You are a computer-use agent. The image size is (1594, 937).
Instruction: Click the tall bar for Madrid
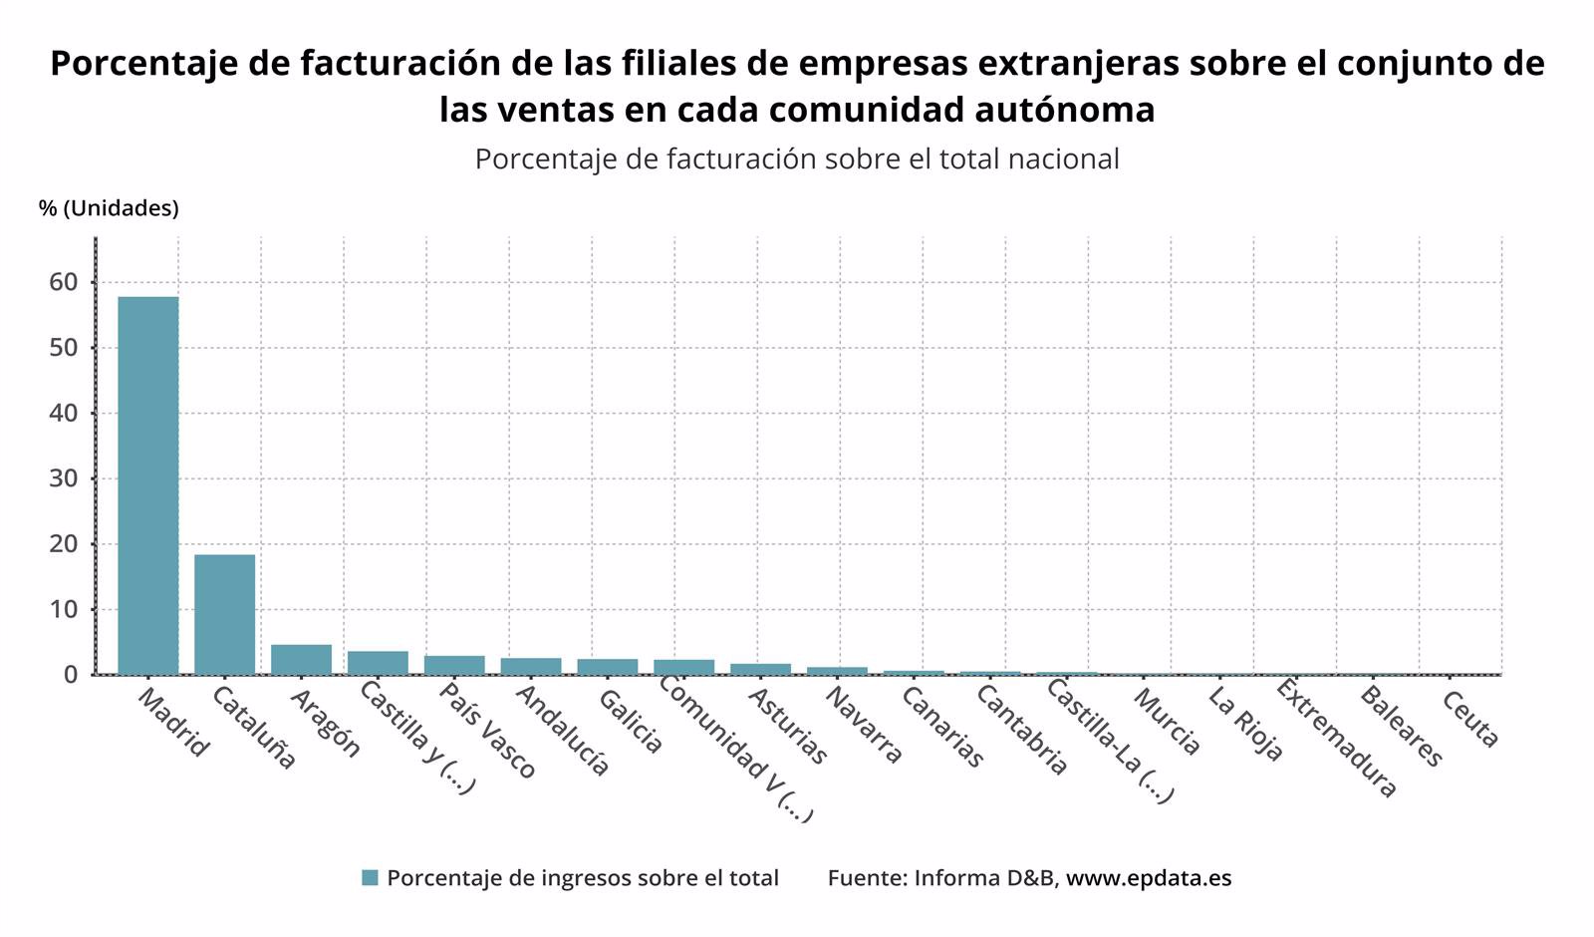point(148,485)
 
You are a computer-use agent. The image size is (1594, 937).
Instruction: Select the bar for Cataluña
point(224,614)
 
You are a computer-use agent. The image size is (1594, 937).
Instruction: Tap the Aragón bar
point(301,659)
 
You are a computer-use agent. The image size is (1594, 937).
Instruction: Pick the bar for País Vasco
point(454,665)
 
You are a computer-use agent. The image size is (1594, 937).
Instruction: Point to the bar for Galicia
point(608,667)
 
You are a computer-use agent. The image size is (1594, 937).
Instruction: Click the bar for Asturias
point(760,669)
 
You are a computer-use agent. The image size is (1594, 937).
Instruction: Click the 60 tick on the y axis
point(63,282)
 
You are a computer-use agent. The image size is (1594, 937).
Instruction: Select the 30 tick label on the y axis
point(63,478)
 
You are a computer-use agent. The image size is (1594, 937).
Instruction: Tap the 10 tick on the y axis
point(63,609)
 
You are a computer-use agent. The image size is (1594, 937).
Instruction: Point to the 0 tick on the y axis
point(70,675)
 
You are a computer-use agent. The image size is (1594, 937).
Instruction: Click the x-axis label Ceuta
point(1469,719)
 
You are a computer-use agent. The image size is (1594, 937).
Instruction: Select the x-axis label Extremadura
point(1336,739)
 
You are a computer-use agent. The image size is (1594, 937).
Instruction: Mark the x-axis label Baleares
point(1400,727)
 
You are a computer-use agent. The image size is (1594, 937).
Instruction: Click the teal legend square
point(370,878)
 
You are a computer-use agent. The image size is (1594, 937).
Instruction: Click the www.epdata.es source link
point(1149,878)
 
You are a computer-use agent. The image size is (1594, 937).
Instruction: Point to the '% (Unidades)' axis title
point(109,208)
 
